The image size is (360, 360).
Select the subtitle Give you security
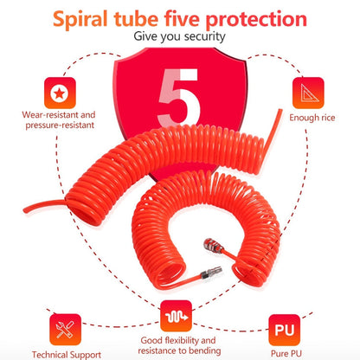pos(181,37)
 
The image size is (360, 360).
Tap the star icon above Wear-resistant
pos(59,92)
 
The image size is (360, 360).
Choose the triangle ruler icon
pos(306,92)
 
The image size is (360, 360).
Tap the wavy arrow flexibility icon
pos(179,315)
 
